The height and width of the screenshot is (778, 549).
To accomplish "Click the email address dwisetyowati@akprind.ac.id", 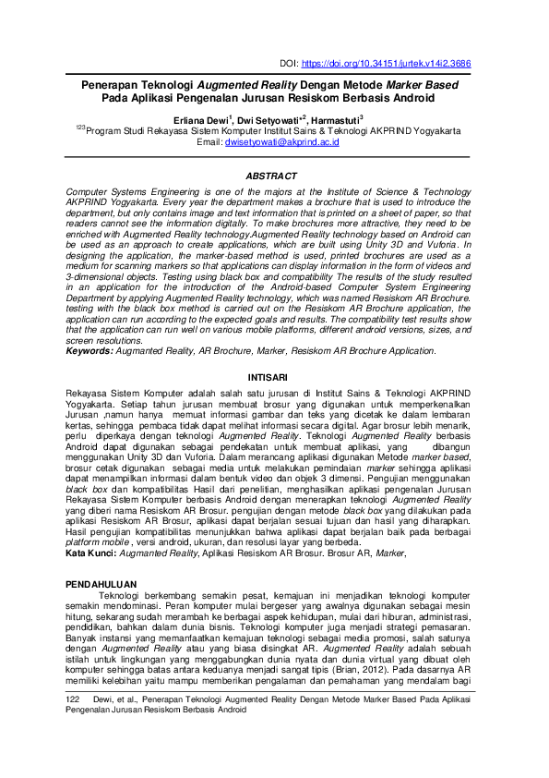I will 283,142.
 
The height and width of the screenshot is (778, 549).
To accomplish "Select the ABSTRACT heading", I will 274,176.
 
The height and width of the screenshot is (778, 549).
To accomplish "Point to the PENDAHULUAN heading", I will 104,585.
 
